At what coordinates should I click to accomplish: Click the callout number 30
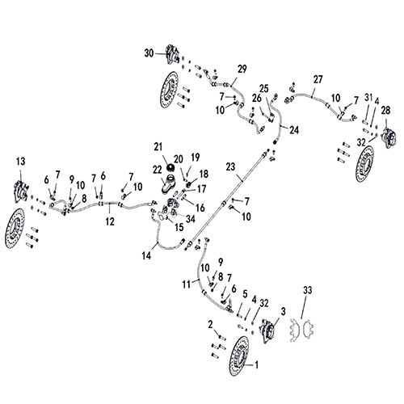149,53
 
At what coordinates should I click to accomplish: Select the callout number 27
318,78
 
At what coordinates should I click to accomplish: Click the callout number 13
21,162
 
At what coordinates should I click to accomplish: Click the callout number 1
258,364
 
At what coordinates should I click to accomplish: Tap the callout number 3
284,310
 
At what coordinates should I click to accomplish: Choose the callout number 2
210,324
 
